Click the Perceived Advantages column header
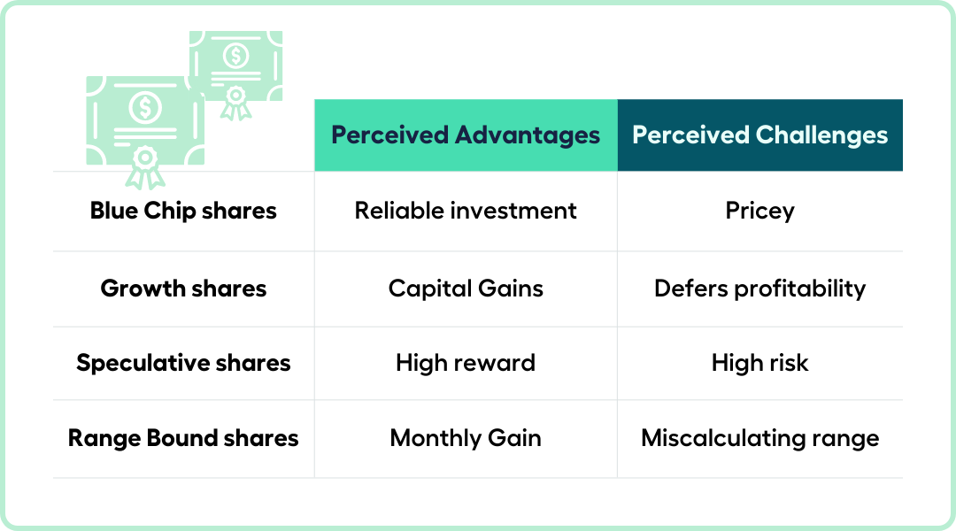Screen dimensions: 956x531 (x=466, y=135)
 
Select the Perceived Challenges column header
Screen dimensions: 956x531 (x=760, y=135)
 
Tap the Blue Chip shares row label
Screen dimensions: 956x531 (x=183, y=211)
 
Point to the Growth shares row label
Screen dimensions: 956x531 (x=183, y=289)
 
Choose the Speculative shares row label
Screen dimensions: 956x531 (x=183, y=364)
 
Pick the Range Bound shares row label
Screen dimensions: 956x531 (x=183, y=438)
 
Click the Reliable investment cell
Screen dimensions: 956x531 (x=466, y=211)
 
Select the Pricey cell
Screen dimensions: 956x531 (x=760, y=212)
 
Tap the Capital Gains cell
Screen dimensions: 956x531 (x=466, y=289)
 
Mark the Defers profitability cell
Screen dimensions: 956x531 (x=760, y=289)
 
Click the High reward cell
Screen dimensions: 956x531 (x=466, y=364)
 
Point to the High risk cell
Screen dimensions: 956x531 (x=760, y=364)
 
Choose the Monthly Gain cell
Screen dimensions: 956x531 (x=466, y=439)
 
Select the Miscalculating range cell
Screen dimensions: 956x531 (x=760, y=439)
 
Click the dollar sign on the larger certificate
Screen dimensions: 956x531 (x=145, y=107)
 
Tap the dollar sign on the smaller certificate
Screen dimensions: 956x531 (x=236, y=56)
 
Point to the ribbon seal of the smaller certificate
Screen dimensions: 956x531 (x=236, y=103)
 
